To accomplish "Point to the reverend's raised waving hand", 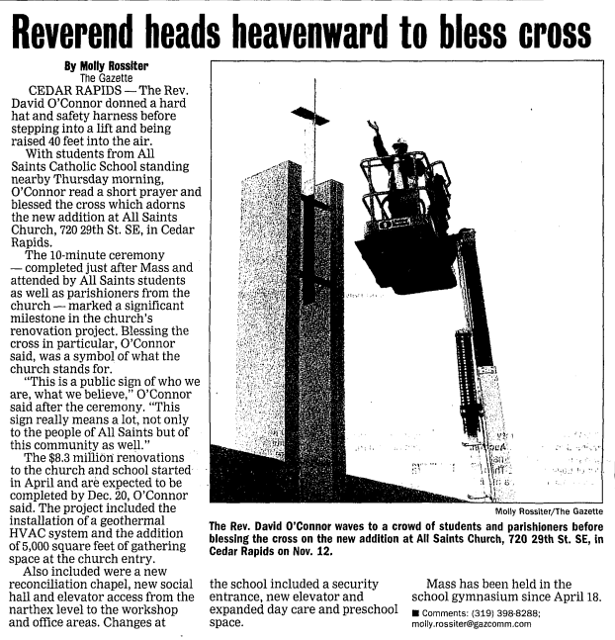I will [x=373, y=128].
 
